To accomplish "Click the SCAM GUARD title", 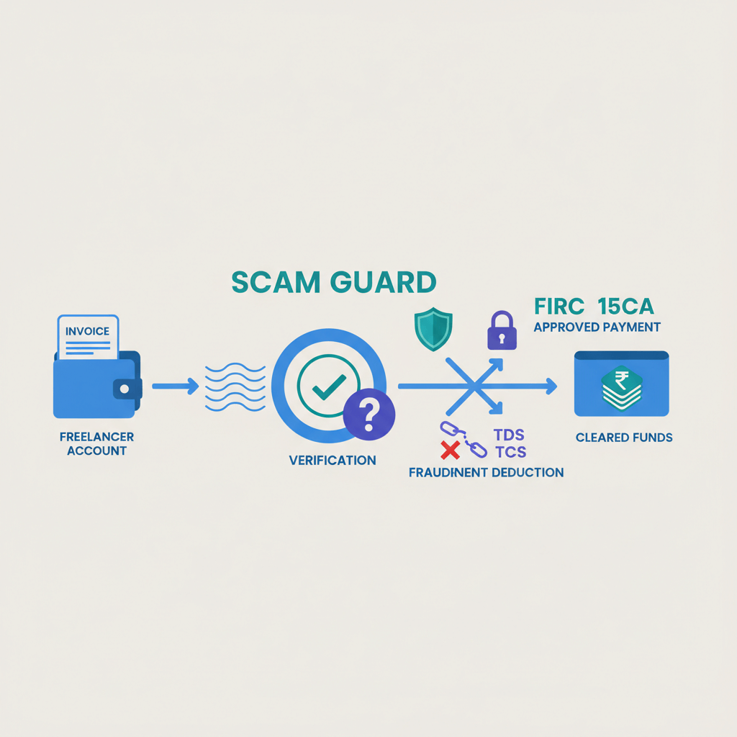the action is pos(333,282).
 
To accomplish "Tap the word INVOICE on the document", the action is pos(87,331).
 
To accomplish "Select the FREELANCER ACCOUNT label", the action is pos(96,443).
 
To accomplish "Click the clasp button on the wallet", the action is pos(124,388).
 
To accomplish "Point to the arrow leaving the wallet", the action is pos(175,386).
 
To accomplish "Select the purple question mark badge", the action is pos(368,414).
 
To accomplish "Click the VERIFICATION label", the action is pos(332,460).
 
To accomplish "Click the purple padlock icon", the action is pos(502,330).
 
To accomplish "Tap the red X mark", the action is pos(451,451).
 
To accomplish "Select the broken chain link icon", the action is pos(463,439).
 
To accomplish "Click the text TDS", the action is pos(509,435).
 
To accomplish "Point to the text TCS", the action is pos(510,452).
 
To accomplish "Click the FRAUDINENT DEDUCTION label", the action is pos(486,473).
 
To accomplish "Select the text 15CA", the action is pos(625,307).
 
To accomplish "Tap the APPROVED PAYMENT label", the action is pos(597,327).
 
